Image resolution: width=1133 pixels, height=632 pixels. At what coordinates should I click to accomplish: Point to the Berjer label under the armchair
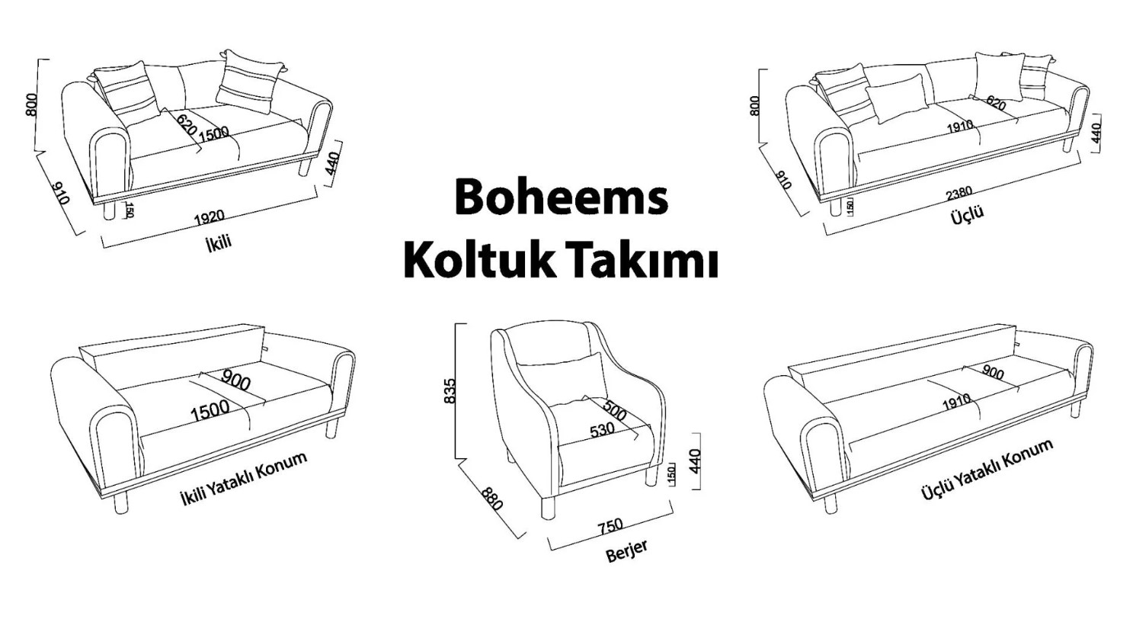pyautogui.click(x=626, y=551)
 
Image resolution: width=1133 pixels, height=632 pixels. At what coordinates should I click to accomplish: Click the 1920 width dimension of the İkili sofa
pyautogui.click(x=210, y=217)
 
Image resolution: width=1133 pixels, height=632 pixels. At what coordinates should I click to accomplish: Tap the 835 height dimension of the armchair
pyautogui.click(x=449, y=391)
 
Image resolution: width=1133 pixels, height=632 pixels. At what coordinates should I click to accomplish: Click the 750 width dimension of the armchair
pyautogui.click(x=610, y=526)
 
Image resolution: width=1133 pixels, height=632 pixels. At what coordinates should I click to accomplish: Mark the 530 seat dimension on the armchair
pyautogui.click(x=602, y=430)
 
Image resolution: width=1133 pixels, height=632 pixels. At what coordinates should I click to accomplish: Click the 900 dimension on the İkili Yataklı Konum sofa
pyautogui.click(x=235, y=380)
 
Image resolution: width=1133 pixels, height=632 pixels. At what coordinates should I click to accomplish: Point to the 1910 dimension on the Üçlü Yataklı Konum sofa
pyautogui.click(x=956, y=402)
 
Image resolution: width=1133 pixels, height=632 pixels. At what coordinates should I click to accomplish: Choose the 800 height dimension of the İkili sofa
pyautogui.click(x=31, y=104)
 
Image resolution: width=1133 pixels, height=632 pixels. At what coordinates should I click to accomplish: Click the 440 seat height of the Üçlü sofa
pyautogui.click(x=1096, y=133)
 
